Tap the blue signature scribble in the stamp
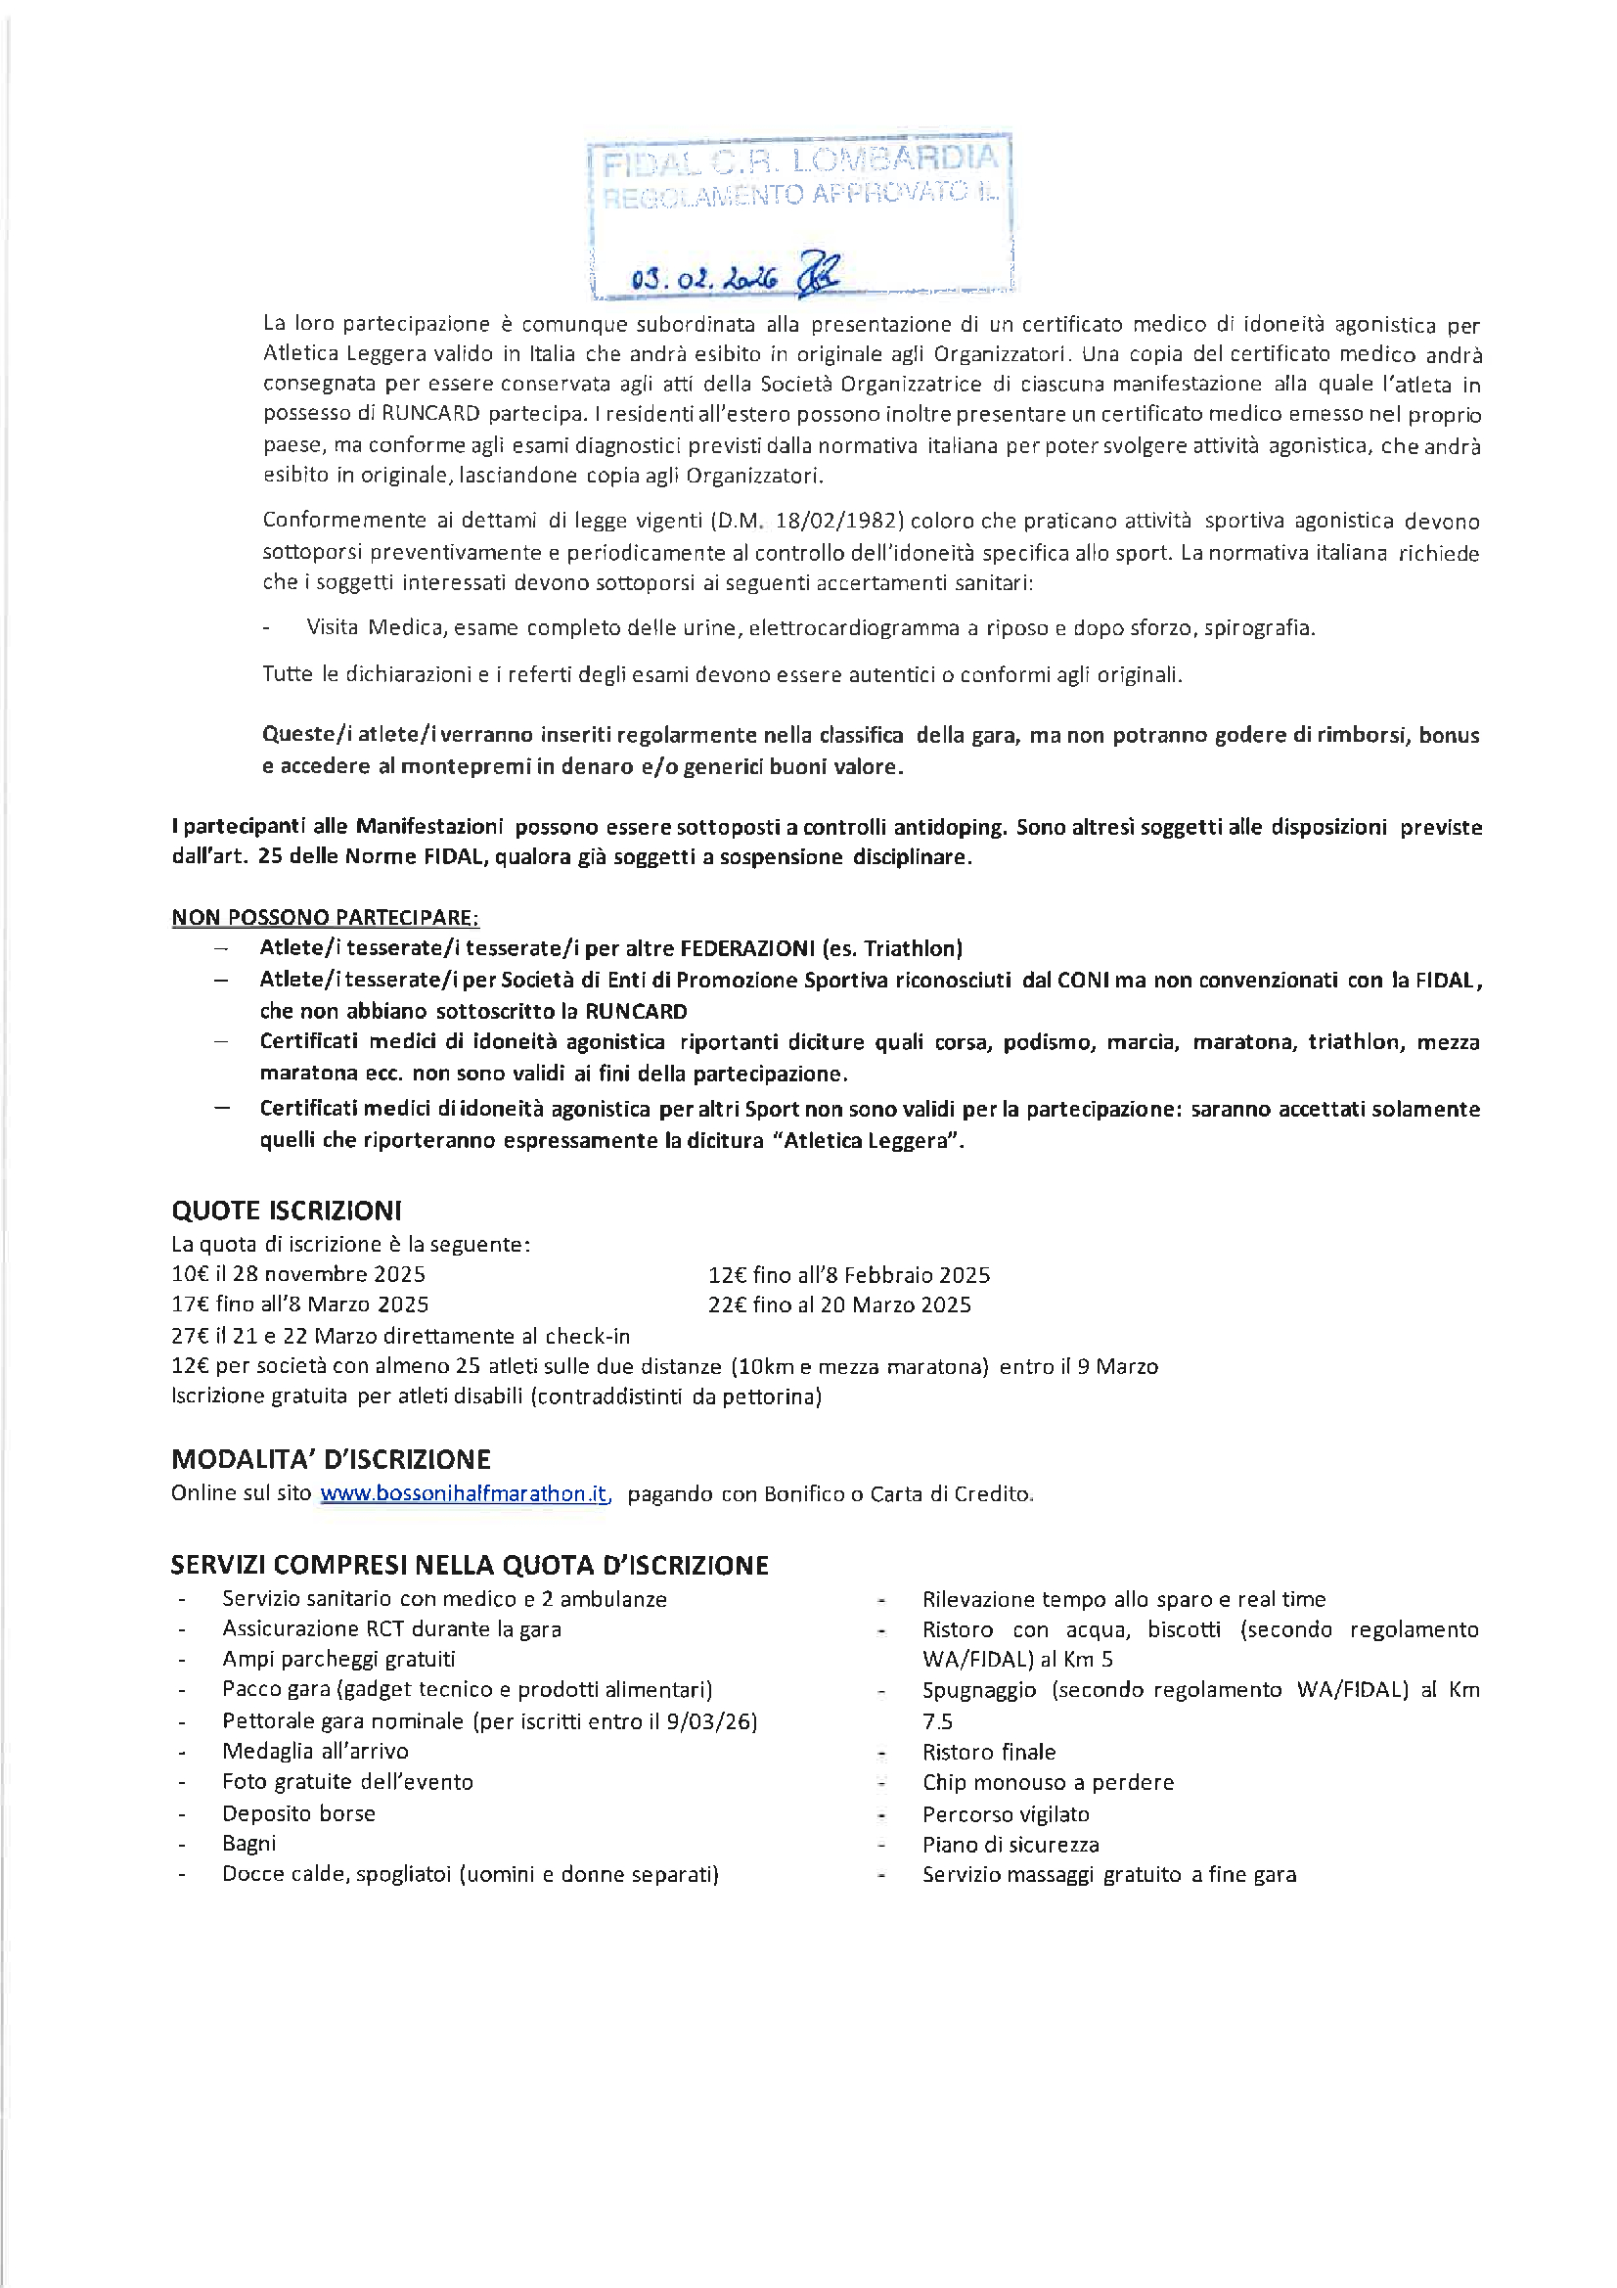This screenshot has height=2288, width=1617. (x=819, y=274)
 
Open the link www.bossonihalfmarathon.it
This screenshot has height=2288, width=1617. (x=465, y=1492)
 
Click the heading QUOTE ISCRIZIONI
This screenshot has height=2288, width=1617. (x=286, y=1211)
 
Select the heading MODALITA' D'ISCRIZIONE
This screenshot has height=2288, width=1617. (x=331, y=1459)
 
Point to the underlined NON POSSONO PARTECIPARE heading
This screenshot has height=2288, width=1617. (x=325, y=917)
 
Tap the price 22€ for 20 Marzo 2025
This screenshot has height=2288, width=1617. (x=726, y=1304)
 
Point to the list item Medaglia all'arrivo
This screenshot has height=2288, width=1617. (x=315, y=1750)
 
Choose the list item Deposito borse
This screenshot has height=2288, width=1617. (x=299, y=1812)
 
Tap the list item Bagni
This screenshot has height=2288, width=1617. (x=249, y=1843)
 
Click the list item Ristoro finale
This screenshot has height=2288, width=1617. (x=988, y=1751)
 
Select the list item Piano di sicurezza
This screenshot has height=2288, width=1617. (x=1011, y=1844)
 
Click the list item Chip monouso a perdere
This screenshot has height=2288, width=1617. (x=1048, y=1782)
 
